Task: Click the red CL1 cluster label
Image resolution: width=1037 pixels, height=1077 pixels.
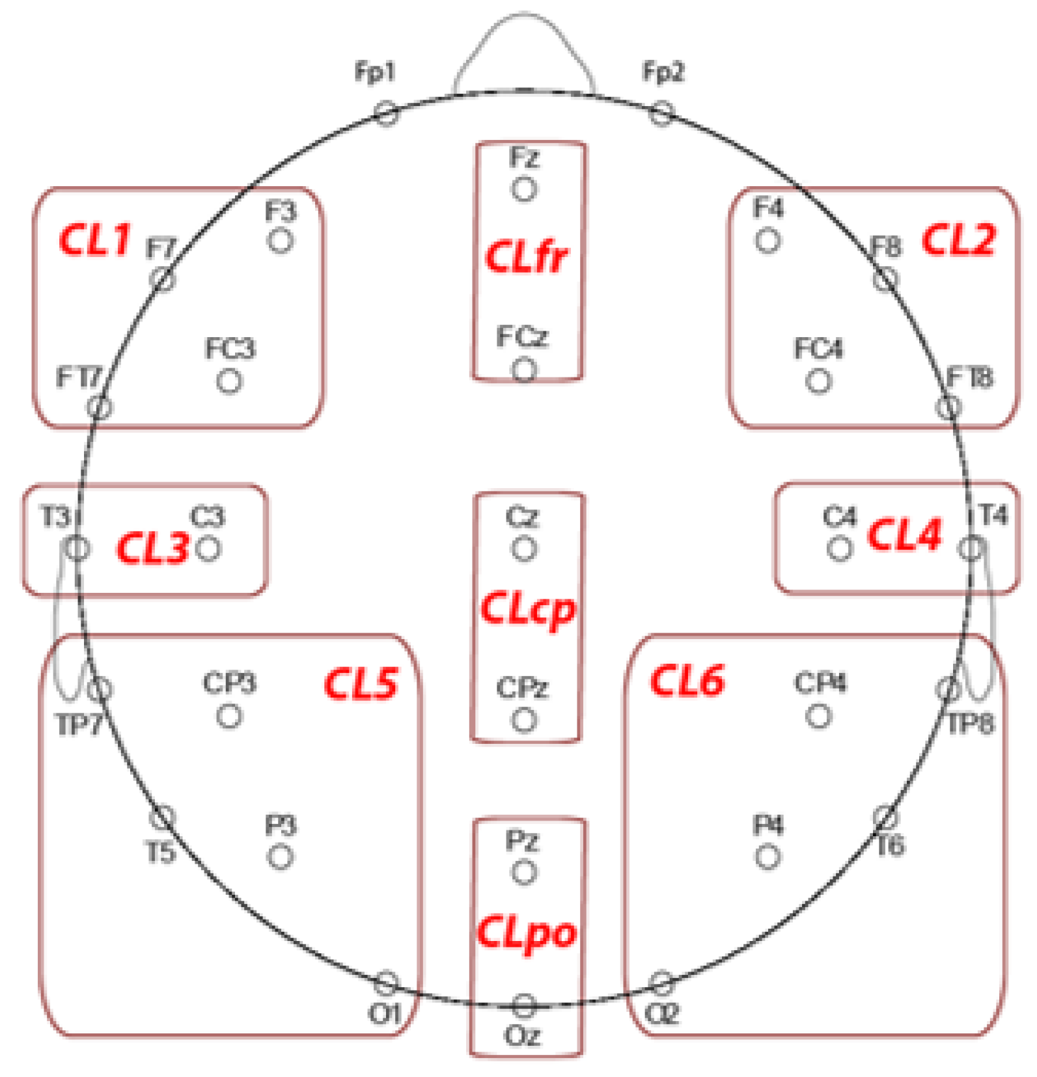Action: click(x=95, y=239)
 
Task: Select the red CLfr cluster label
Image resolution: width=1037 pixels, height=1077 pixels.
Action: click(x=527, y=256)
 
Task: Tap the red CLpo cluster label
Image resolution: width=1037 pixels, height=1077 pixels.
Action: click(x=527, y=933)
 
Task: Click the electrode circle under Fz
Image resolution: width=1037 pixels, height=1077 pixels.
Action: click(x=524, y=189)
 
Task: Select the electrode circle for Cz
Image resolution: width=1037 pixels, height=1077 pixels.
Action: click(x=524, y=549)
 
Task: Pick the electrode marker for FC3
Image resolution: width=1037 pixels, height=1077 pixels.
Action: click(x=229, y=381)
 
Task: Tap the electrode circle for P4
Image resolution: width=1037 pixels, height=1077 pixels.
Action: click(x=767, y=856)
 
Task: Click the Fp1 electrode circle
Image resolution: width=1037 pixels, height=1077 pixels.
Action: click(x=386, y=113)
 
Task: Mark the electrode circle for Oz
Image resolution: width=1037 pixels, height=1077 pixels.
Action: click(x=524, y=1006)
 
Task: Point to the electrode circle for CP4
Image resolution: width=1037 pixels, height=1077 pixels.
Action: click(x=818, y=716)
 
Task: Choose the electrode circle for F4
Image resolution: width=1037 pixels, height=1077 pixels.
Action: click(x=767, y=240)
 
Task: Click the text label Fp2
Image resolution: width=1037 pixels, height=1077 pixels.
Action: click(x=663, y=72)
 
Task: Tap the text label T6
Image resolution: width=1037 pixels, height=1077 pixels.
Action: click(x=890, y=846)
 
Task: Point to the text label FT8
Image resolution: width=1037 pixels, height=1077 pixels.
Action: click(x=969, y=377)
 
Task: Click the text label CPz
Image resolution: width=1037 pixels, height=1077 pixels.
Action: click(x=522, y=688)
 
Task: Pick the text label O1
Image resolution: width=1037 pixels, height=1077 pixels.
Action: click(x=384, y=1013)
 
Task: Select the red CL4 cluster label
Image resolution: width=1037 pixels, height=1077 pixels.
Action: click(x=904, y=536)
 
